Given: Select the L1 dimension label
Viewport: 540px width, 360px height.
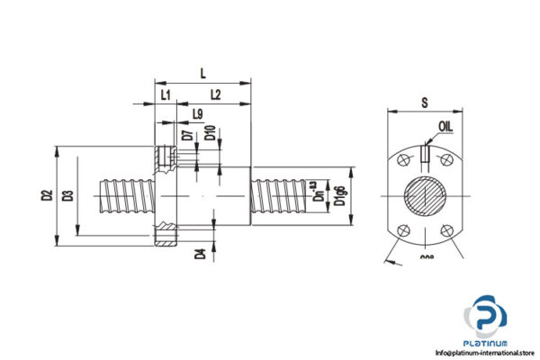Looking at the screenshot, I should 165,94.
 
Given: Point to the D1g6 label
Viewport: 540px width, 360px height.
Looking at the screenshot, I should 339,195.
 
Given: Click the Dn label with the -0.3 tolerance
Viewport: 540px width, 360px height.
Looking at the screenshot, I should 315,195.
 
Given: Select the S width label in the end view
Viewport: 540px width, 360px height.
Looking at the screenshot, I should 424,103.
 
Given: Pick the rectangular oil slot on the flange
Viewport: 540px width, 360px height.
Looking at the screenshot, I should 424,155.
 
